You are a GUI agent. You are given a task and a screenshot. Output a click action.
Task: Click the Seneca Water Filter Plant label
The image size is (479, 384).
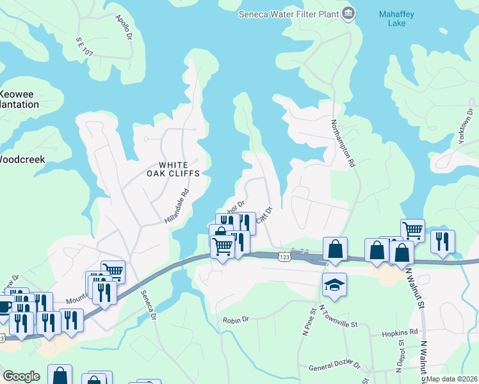tap(288, 13)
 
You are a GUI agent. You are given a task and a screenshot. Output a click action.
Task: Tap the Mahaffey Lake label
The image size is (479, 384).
tap(396, 18)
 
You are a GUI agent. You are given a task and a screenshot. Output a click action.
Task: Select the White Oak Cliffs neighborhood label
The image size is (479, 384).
tap(174, 168)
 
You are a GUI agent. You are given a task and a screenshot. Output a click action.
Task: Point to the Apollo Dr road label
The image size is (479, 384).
tap(124, 29)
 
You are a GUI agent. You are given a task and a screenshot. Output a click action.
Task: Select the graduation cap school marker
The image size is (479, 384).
tap(334, 285)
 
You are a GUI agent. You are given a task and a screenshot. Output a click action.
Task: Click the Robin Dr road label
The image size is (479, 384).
tap(235, 320)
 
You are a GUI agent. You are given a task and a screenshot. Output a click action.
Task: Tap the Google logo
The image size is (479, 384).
tap(22, 376)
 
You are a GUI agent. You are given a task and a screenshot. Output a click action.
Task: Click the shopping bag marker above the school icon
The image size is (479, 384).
tap(335, 248)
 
